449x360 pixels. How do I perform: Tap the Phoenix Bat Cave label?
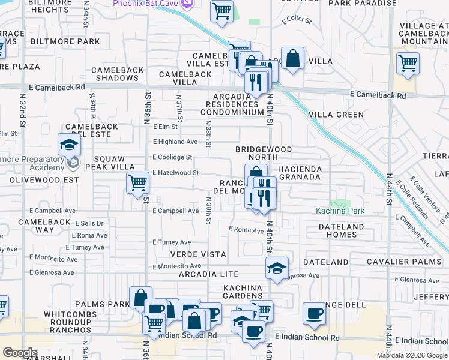(x=146, y=4)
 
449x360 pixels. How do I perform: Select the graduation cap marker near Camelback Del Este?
(x=69, y=144)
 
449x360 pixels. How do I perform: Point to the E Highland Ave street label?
(x=175, y=142)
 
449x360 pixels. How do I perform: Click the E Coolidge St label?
(x=172, y=157)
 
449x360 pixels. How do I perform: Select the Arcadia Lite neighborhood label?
(x=212, y=274)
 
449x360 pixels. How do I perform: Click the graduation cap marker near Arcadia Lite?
(x=277, y=268)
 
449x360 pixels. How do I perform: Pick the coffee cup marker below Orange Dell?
(x=314, y=313)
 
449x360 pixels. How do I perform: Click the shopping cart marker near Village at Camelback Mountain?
(x=408, y=62)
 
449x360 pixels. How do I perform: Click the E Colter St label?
(x=297, y=21)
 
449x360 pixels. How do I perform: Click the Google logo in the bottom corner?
(x=19, y=353)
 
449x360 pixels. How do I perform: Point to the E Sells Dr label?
(x=88, y=223)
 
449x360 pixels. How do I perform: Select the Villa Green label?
(x=336, y=114)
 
